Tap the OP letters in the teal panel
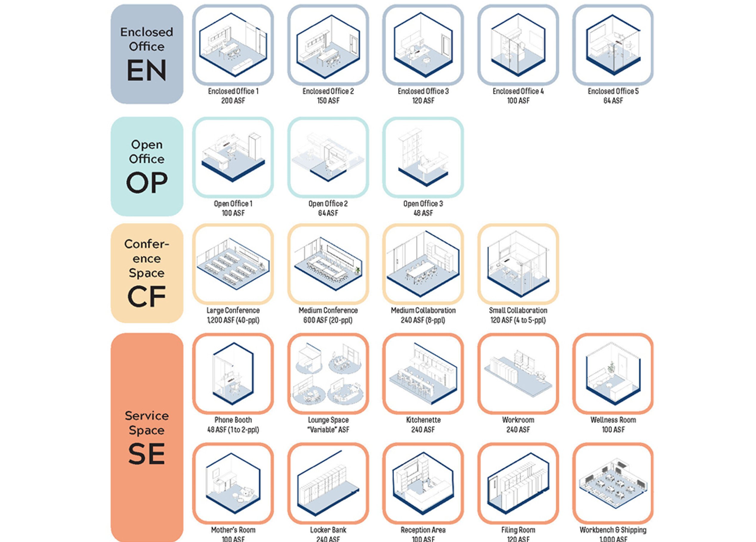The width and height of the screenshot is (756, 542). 147,182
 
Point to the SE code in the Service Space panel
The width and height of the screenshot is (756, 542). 147,454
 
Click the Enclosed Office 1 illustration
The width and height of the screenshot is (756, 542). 233,45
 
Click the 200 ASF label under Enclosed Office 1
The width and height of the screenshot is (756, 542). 233,100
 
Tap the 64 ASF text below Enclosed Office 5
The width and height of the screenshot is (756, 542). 613,100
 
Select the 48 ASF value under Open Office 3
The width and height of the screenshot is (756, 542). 423,213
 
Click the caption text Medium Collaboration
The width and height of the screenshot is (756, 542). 423,310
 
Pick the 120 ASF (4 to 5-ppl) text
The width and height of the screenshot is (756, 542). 518,320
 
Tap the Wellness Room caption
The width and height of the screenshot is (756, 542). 613,420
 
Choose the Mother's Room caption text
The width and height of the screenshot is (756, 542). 233,530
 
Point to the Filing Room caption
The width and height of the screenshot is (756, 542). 518,530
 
